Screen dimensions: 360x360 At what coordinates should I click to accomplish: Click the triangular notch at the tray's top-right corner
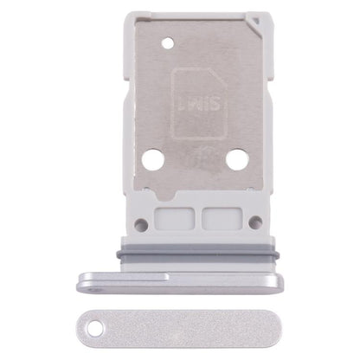point(256,18)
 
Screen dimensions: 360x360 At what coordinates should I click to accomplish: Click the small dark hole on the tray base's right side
point(254,223)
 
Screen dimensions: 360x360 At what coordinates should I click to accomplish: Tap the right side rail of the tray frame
point(267,112)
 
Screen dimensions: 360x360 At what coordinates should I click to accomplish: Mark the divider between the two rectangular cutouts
point(199,215)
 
